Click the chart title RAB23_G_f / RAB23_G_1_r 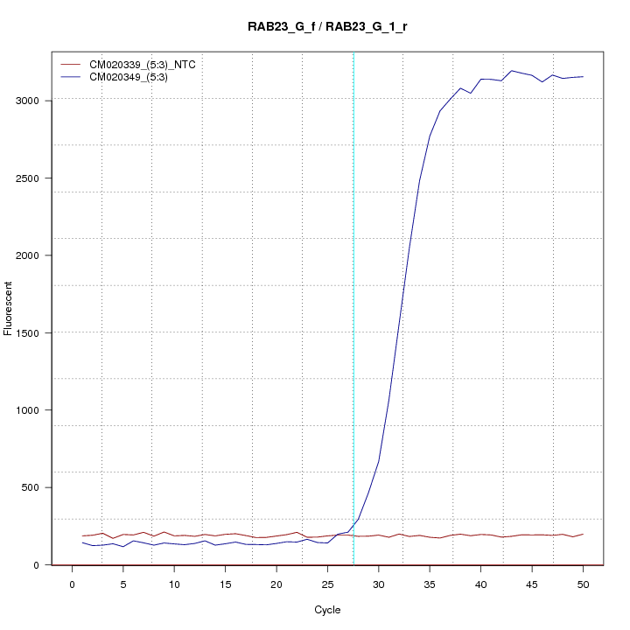327,27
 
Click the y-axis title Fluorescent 10,308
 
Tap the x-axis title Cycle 327,610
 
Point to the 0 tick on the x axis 73,584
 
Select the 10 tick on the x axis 174,584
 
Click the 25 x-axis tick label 327,584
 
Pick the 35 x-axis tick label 430,584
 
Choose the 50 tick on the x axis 583,584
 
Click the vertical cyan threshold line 353,306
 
